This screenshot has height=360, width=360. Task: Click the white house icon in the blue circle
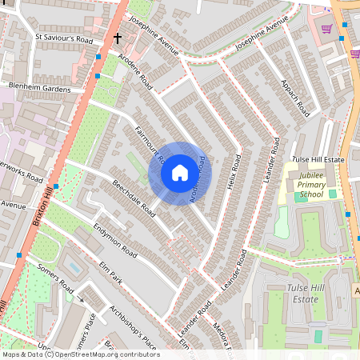point(180,172)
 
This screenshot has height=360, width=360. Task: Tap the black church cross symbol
point(118,38)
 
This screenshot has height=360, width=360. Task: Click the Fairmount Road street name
point(150,146)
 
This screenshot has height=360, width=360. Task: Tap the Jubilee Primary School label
point(311,190)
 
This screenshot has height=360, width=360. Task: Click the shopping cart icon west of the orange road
point(326,29)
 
